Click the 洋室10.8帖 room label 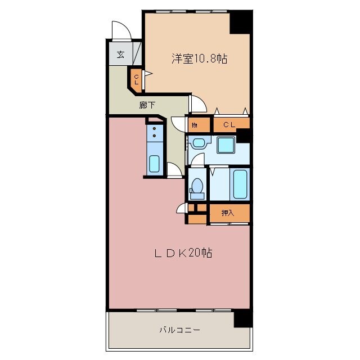199,58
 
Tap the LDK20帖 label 183,254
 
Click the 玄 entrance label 120,55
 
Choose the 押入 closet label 228,213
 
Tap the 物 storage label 194,125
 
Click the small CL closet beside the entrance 136,78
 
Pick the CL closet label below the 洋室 229,125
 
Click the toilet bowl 197,187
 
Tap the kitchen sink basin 154,164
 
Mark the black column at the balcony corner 242,319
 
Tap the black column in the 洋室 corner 241,21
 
